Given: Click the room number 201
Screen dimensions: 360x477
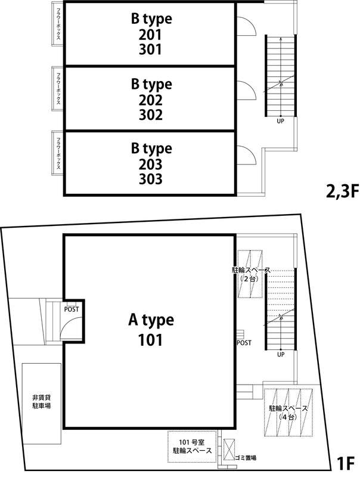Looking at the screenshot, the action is tap(150, 35).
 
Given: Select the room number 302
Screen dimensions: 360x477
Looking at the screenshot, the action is tap(151, 114).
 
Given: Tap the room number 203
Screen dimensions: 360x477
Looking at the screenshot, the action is tap(151, 165).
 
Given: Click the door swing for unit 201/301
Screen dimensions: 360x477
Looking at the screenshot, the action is tap(247, 26).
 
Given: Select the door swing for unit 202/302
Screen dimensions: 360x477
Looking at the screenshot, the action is tap(247, 91).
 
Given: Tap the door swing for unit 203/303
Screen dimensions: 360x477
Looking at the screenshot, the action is tap(247, 155).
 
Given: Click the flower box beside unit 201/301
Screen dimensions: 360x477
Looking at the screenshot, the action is tap(57, 24).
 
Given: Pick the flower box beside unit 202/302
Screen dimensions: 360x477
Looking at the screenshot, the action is tap(57, 89).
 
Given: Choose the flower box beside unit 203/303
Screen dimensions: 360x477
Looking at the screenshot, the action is tap(57, 153).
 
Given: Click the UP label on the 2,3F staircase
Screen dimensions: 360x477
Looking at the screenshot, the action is tap(280, 121).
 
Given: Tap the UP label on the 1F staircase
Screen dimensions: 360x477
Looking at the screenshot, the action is tap(281, 354).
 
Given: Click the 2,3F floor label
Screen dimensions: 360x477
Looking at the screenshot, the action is tap(342, 191).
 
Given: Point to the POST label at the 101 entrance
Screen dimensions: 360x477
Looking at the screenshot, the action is tap(72, 309).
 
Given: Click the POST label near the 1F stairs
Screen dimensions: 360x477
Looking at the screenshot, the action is tap(244, 343).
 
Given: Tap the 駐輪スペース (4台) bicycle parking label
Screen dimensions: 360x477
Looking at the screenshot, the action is tap(288, 413).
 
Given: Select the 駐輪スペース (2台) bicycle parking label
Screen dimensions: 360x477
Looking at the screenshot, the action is tap(251, 274).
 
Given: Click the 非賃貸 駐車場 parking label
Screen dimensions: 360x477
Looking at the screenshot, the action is tap(42, 401).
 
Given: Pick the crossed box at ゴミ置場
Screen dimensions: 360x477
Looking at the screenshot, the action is tap(229, 450).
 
